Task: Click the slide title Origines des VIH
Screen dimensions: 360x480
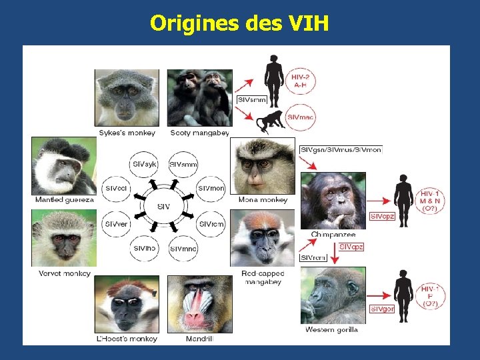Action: [x=240, y=23]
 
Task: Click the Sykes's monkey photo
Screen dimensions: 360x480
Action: [x=127, y=97]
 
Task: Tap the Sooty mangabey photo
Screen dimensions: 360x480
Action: [x=200, y=97]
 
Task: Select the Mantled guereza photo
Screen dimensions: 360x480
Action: [x=63, y=165]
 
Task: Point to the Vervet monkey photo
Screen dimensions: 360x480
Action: [x=63, y=238]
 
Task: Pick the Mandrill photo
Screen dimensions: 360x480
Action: [x=200, y=304]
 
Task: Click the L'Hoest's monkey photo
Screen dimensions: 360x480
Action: [x=127, y=304]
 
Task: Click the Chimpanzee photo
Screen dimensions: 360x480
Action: [x=333, y=200]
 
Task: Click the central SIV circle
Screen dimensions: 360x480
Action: [x=163, y=207]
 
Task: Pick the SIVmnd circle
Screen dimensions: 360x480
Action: [x=183, y=249]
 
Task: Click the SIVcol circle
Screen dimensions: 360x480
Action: [x=116, y=189]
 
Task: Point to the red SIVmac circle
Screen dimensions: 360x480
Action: [x=301, y=117]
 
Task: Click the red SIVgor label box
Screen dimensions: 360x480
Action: [x=383, y=309]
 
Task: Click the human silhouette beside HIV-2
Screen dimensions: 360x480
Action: [x=273, y=80]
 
